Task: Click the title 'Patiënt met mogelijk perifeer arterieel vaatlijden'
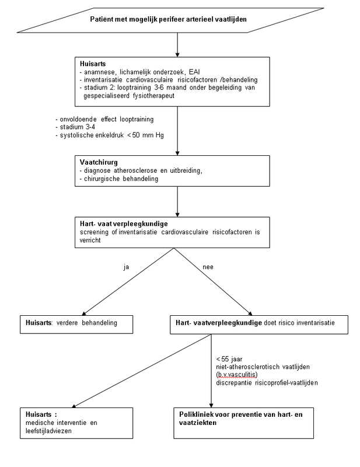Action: click(x=168, y=19)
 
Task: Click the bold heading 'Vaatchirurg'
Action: click(x=99, y=162)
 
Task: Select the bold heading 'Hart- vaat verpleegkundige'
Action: click(x=124, y=224)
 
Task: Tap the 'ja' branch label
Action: click(x=126, y=267)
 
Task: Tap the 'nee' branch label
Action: click(x=208, y=267)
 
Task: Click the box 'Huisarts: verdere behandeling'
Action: click(x=76, y=325)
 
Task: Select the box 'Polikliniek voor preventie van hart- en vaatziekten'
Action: click(x=243, y=423)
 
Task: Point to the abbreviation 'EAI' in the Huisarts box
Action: click(x=194, y=72)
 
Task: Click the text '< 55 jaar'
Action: click(x=229, y=359)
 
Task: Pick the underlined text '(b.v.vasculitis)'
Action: click(x=237, y=375)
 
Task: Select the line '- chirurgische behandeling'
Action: click(x=119, y=179)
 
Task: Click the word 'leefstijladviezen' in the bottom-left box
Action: click(x=48, y=431)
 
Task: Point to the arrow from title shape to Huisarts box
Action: click(x=177, y=45)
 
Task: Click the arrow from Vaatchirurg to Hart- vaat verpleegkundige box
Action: click(x=177, y=201)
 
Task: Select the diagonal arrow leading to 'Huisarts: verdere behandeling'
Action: click(x=128, y=282)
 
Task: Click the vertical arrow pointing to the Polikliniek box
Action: click(x=211, y=371)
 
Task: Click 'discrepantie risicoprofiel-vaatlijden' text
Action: click(x=267, y=383)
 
